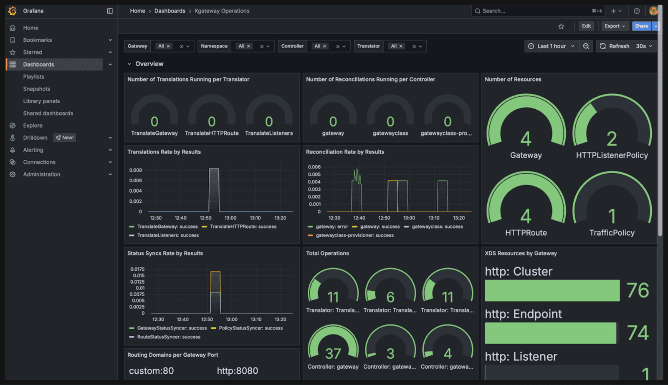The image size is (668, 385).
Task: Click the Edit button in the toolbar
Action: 586,26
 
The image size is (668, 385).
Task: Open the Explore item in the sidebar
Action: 33,126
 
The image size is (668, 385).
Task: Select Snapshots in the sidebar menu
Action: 36,89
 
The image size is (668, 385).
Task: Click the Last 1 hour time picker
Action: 551,46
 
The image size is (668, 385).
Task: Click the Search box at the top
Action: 534,11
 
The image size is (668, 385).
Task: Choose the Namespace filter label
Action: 214,46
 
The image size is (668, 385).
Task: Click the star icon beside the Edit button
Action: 561,26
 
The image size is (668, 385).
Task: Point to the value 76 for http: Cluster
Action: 638,290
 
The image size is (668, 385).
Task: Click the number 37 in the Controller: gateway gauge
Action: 333,354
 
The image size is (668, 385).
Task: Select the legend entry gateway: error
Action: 332,227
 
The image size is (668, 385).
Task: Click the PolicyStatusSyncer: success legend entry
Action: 250,328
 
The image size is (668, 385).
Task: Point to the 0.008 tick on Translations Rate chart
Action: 136,170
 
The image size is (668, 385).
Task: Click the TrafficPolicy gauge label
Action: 612,233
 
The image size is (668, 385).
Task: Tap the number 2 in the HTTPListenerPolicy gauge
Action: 612,139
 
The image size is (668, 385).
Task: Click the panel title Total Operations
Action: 327,253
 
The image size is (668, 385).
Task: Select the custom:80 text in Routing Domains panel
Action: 151,371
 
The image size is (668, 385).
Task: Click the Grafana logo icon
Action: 13,11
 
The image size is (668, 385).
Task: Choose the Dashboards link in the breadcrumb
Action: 170,11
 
